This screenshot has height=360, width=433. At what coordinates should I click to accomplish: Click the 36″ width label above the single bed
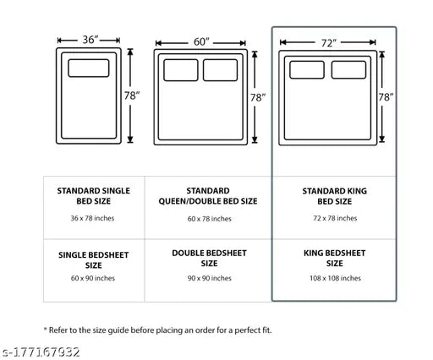tap(90, 40)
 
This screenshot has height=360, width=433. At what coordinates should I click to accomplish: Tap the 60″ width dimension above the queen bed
tap(201, 42)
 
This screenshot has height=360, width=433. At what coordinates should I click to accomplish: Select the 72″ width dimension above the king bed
tap(329, 43)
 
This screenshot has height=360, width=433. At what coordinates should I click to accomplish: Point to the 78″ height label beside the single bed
tap(132, 95)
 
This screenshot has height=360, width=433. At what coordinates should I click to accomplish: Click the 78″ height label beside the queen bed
tap(258, 97)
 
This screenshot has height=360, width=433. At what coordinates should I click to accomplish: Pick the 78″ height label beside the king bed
tap(386, 97)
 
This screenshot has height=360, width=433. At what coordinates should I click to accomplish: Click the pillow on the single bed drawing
tap(89, 68)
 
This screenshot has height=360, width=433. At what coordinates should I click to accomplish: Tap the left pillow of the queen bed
tap(181, 70)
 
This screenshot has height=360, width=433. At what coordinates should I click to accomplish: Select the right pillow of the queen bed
tap(220, 70)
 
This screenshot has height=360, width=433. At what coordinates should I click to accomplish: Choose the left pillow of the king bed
tap(307, 69)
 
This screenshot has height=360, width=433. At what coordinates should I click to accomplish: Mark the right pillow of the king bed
tap(348, 69)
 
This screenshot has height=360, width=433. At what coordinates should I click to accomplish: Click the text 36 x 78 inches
tap(92, 218)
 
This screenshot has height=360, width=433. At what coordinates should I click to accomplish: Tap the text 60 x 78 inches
tap(210, 219)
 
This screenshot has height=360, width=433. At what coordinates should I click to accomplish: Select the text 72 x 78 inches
tap(335, 218)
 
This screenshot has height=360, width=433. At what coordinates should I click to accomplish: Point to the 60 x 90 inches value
tap(93, 278)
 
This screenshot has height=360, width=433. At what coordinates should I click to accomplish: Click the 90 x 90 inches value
tap(210, 278)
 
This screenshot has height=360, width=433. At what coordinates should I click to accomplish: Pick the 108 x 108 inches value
tap(335, 278)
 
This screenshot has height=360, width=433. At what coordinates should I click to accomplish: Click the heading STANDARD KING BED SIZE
tap(335, 196)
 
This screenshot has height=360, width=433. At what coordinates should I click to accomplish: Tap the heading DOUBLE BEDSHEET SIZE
tap(209, 259)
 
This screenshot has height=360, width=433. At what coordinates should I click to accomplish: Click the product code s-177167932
tap(41, 352)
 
